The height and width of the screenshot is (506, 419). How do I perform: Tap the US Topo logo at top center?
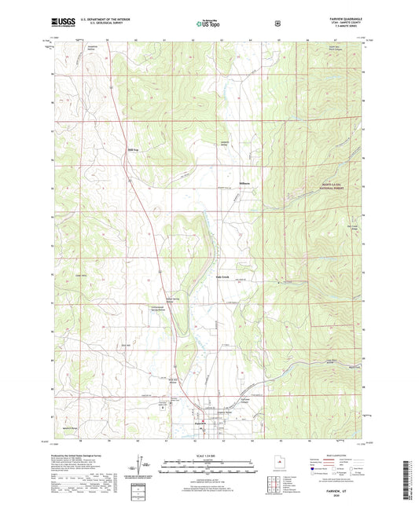pos(208,24)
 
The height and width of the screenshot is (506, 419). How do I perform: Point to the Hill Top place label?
pos(133,149)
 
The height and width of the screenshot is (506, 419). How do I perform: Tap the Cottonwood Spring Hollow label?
pos(163,308)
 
